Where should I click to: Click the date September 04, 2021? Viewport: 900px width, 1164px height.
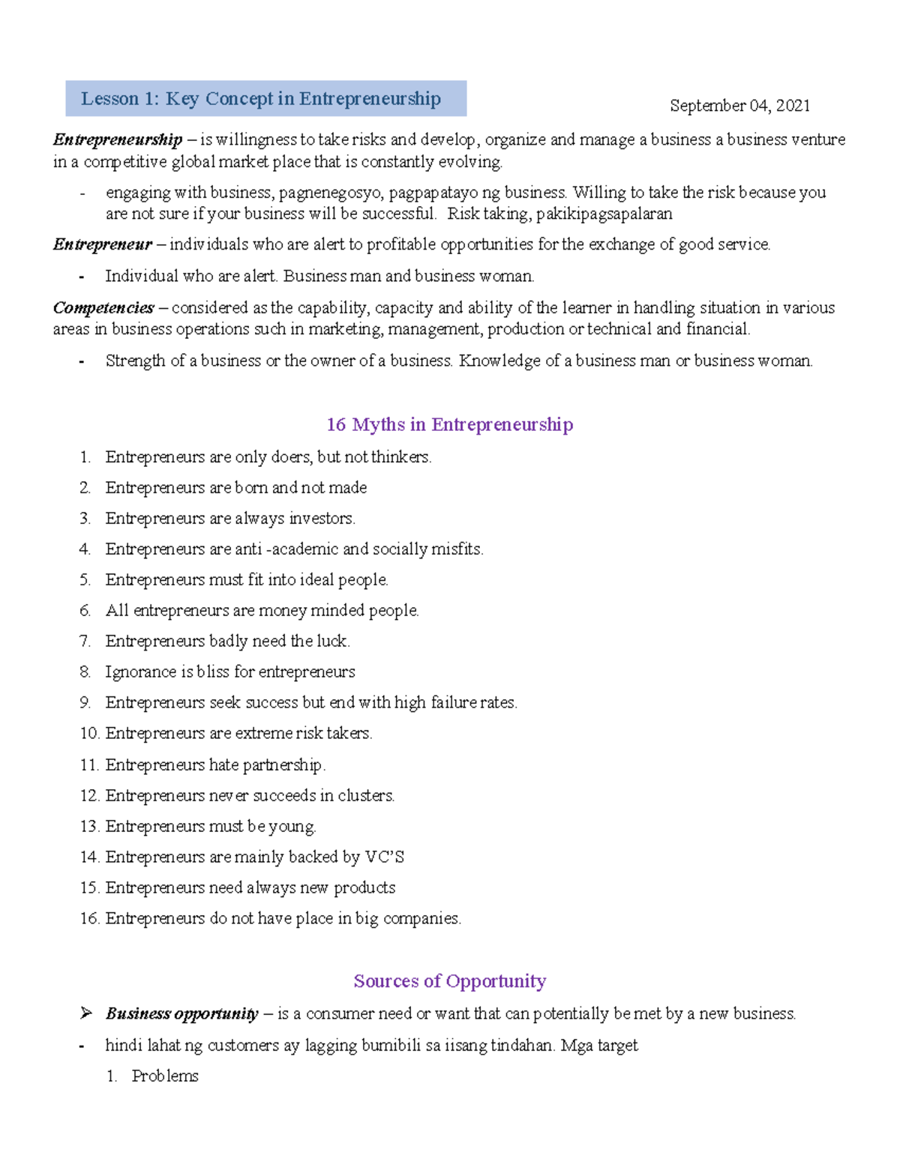739,106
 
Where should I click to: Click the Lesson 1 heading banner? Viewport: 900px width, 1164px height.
265,99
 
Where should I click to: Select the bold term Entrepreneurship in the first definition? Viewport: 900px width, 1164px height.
118,139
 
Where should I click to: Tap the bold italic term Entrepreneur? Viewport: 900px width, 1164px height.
103,244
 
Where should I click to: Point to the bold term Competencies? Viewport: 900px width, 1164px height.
103,307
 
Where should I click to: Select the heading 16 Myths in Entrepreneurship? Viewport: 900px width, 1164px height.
450,424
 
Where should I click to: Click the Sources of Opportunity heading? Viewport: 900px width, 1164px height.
450,981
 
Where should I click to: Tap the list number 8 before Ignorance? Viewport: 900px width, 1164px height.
85,672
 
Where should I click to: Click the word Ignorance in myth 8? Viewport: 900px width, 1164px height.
140,672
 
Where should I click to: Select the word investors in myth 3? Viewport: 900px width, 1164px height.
322,518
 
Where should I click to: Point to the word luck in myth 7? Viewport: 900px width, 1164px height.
332,641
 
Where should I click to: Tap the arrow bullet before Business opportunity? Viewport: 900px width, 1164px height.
86,1013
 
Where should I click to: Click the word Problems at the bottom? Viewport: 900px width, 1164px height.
165,1076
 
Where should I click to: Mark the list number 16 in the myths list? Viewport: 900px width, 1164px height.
89,918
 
